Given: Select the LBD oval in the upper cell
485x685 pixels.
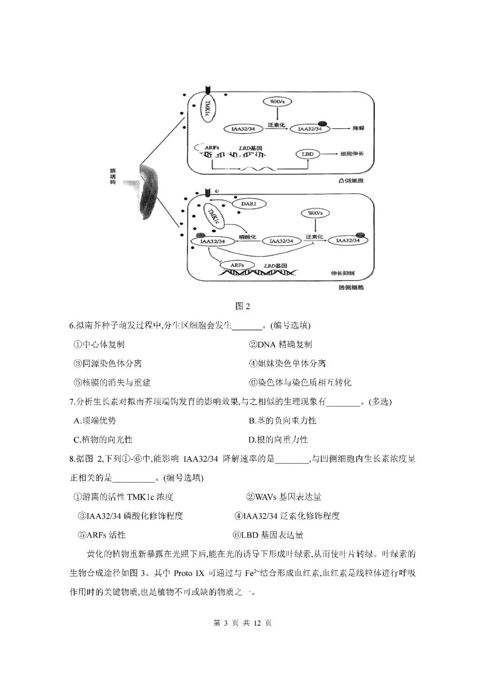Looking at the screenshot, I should [x=308, y=154].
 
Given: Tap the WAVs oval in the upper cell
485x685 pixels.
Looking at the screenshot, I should [x=277, y=102].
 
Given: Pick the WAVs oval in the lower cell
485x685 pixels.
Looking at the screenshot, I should [x=315, y=213].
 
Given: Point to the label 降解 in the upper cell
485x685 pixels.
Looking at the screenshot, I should [x=358, y=128].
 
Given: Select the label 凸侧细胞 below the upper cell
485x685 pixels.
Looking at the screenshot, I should [x=351, y=181].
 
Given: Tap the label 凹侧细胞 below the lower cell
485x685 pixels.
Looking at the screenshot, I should [x=351, y=288].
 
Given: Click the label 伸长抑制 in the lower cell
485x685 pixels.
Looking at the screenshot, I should [x=342, y=273].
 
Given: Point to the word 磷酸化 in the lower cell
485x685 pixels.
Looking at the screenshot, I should [x=247, y=237].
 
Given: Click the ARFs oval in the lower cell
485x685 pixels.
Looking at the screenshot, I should [x=237, y=266].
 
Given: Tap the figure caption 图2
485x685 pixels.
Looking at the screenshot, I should [x=242, y=306].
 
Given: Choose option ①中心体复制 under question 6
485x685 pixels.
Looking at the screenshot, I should [x=99, y=345].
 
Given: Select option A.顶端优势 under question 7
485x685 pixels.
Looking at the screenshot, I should [x=95, y=421].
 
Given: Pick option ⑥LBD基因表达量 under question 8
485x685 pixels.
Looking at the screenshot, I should [x=268, y=535].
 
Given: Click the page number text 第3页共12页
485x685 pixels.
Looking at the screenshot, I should [x=242, y=623].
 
